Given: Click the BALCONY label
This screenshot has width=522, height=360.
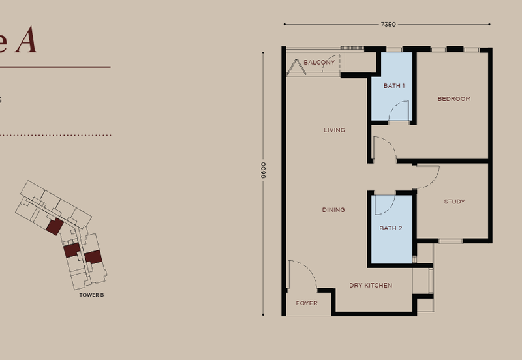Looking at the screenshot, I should click(x=319, y=63).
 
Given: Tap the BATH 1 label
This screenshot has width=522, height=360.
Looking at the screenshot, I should click(x=394, y=86).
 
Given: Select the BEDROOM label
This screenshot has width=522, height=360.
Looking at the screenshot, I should click(x=454, y=99).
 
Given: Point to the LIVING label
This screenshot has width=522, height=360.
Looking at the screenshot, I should click(x=334, y=130).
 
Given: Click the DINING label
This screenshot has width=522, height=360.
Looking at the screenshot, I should click(x=333, y=210).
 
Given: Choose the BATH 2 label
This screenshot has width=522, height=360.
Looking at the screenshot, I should click(x=391, y=228).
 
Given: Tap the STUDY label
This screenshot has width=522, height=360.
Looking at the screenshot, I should click(x=454, y=202).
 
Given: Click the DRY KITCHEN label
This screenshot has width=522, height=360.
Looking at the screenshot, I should click(x=371, y=286).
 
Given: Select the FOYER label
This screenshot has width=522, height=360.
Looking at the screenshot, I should click(x=307, y=303).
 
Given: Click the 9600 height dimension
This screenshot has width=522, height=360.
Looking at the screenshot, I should click(x=263, y=171).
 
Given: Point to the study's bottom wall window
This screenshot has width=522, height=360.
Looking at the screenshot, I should click(x=450, y=241).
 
